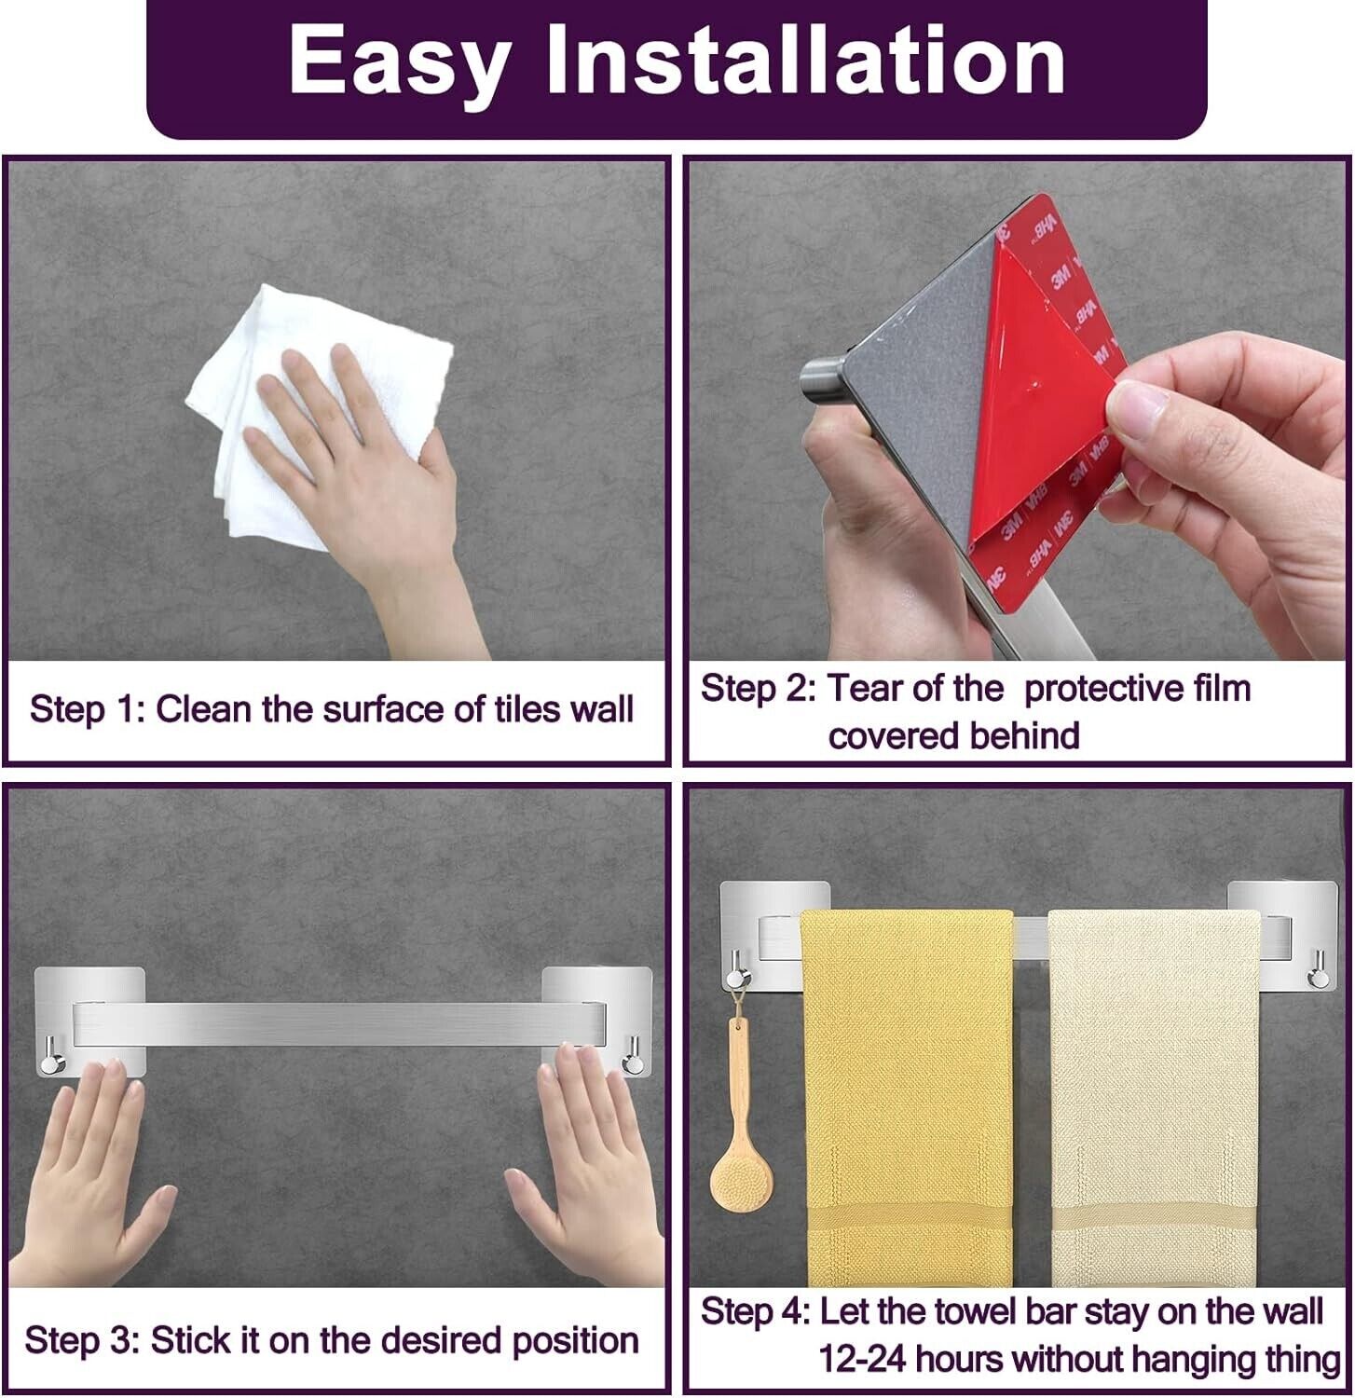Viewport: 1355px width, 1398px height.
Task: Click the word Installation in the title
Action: (x=806, y=59)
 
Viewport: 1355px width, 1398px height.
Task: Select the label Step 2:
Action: (x=758, y=689)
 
